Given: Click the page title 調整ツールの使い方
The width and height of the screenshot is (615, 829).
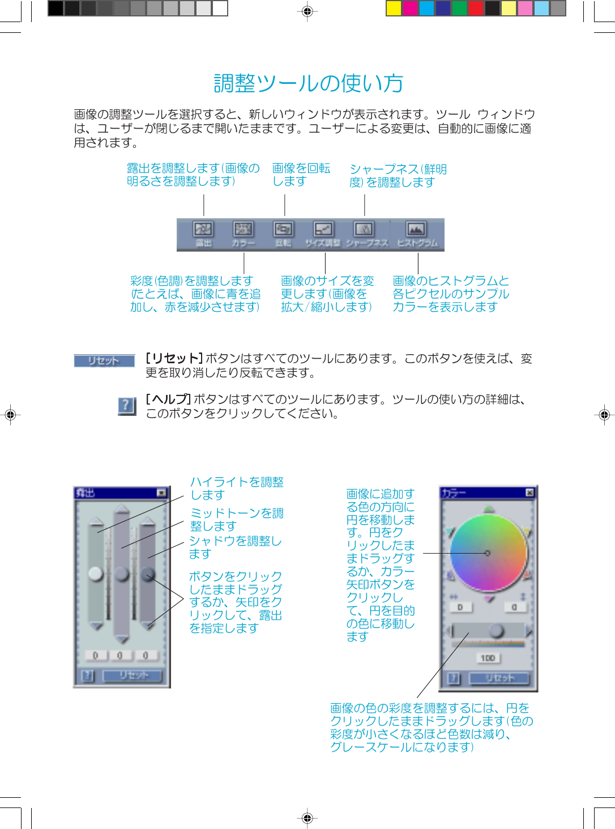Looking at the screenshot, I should click(x=308, y=83).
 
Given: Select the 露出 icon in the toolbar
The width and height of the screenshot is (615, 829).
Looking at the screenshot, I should click(x=203, y=229).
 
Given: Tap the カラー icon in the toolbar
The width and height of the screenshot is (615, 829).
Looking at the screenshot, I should click(x=244, y=229).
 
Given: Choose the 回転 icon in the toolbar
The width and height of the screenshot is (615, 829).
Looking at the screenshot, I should click(x=283, y=229).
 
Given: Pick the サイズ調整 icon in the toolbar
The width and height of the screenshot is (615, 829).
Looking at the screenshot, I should click(x=323, y=229).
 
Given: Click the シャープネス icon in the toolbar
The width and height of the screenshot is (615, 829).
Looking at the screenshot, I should click(x=364, y=229).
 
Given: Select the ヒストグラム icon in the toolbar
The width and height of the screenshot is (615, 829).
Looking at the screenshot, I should click(x=416, y=229).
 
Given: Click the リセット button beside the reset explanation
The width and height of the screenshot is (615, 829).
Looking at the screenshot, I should click(x=104, y=361).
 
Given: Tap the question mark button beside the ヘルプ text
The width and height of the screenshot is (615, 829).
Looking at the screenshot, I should click(x=127, y=405).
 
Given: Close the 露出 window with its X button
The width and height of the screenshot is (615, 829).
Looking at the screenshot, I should click(x=162, y=493).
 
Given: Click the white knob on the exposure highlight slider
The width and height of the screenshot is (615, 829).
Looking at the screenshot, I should click(x=96, y=573).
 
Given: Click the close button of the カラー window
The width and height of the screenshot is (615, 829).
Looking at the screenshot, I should click(x=529, y=492).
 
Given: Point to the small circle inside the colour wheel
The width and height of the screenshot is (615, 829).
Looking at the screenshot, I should click(x=487, y=553).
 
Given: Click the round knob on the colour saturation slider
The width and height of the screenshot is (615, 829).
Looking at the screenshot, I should click(x=497, y=630).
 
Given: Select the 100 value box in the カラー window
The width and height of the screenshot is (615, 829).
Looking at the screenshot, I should click(x=488, y=658).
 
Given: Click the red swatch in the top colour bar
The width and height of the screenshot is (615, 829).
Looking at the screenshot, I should click(x=476, y=8).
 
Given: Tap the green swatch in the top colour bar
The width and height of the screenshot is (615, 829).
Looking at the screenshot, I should click(x=459, y=8).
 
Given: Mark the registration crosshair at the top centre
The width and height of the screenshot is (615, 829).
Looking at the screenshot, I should click(x=307, y=11).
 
